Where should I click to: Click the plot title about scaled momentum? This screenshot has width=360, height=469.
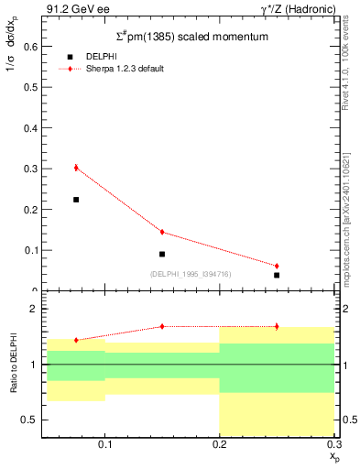(185, 37)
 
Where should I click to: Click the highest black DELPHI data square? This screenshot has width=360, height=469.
(76, 200)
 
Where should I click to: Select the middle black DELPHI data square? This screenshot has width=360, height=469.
(162, 254)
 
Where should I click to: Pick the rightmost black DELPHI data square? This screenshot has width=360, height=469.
(277, 275)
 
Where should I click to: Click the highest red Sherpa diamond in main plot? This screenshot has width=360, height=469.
(76, 168)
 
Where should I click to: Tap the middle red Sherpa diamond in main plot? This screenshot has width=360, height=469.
(162, 232)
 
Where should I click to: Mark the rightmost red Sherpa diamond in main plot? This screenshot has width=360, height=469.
(277, 266)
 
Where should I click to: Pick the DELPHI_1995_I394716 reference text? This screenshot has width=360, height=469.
(190, 274)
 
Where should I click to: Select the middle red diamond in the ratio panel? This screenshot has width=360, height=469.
(162, 326)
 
